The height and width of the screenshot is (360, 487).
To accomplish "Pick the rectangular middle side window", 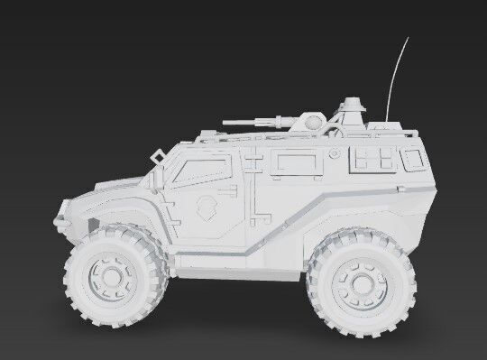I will click(x=299, y=162).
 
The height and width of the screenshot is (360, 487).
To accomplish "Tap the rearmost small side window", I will click(x=415, y=160).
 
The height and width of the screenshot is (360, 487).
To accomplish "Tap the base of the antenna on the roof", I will click(x=389, y=122).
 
